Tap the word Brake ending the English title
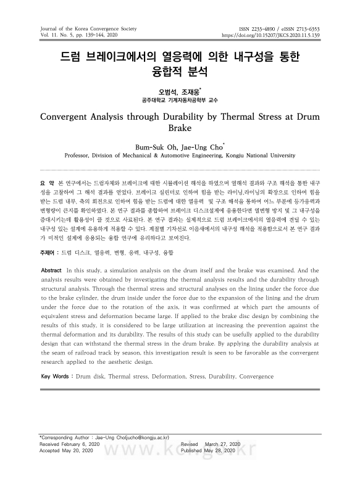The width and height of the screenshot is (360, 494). [180, 130]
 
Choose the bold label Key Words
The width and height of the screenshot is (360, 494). [56, 376]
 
